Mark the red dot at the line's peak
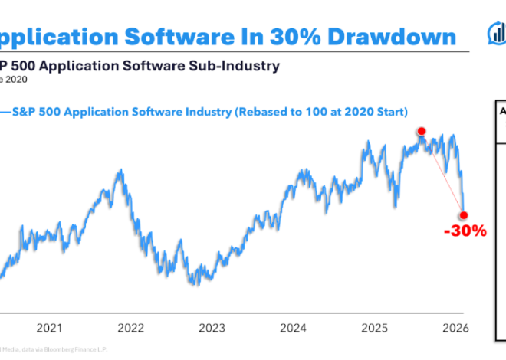(421, 132)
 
